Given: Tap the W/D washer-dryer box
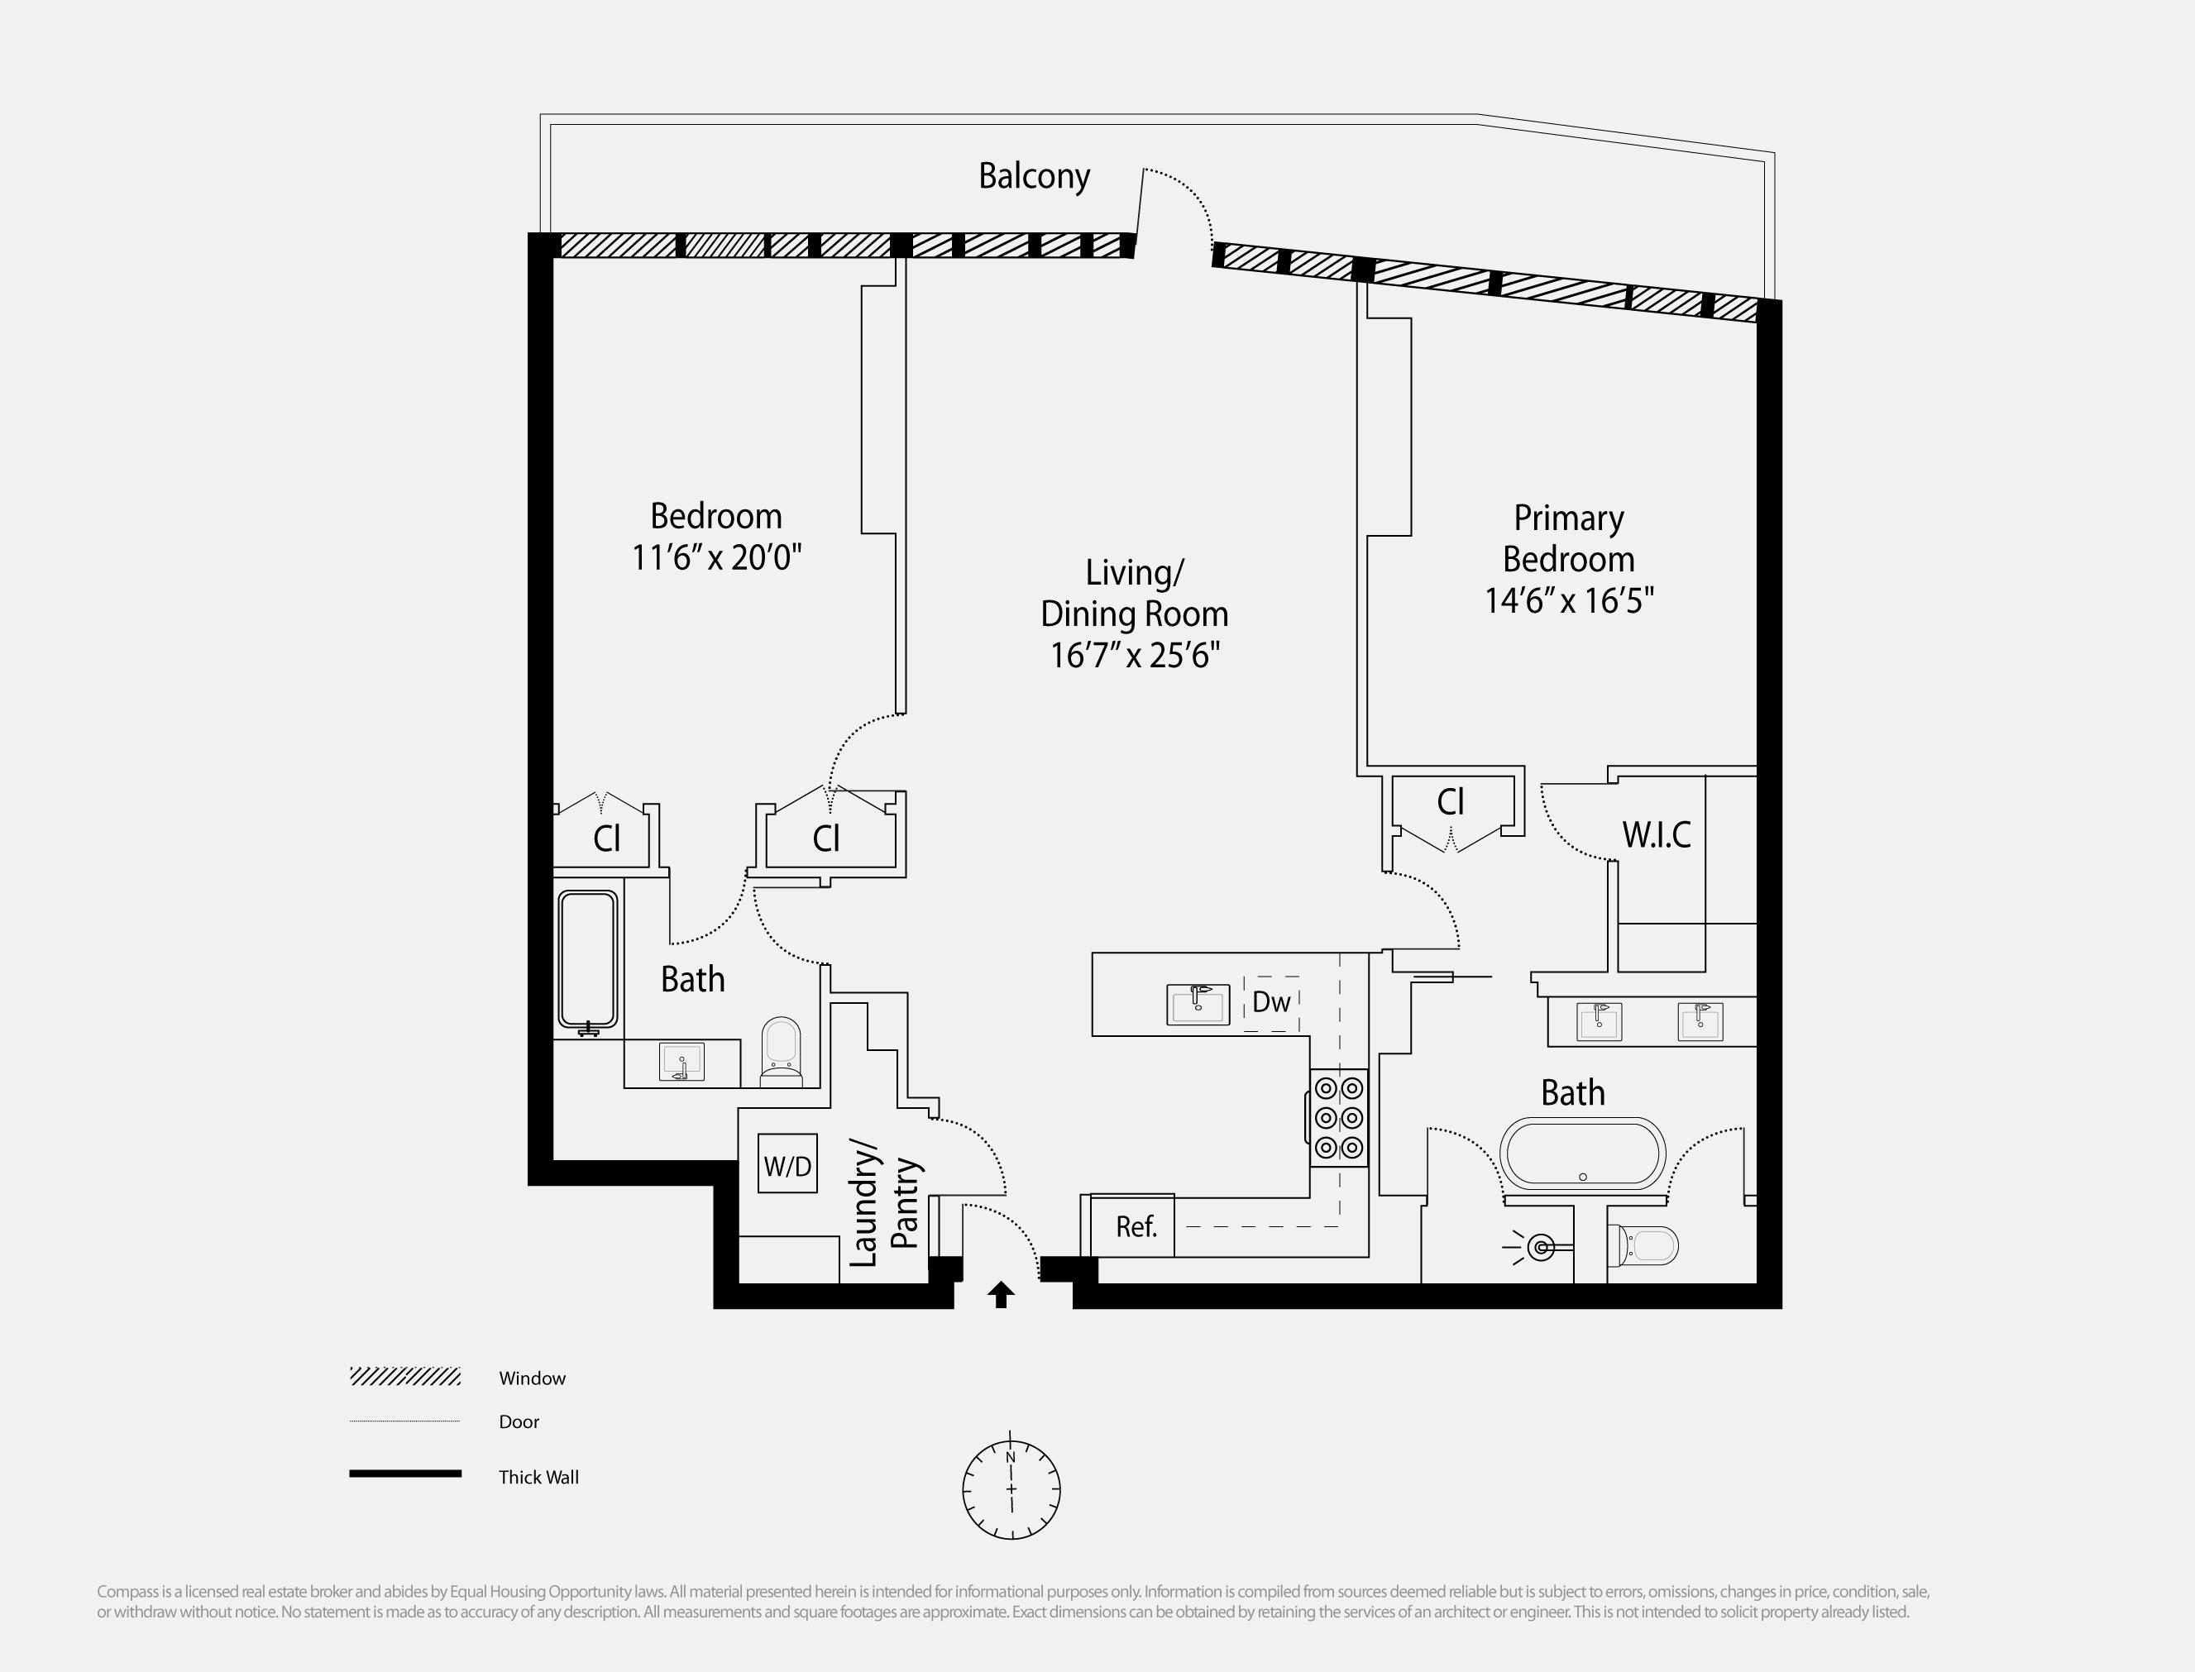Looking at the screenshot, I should pos(787,1164).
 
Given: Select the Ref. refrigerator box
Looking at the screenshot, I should pos(1135,1227).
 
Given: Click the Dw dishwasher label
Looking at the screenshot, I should pos(1271,1002).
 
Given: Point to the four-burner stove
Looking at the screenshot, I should pos(1338,1118).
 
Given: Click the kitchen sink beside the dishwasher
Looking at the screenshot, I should pos(1198,1004).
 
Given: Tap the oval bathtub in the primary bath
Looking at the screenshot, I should pos(1582,1154).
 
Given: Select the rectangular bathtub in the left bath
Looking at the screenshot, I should pos(587,959).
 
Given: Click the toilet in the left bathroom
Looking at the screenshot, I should pos(781,1051).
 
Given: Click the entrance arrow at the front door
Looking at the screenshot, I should pos(1001,1295).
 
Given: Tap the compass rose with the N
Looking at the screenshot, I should pos(1011,1490).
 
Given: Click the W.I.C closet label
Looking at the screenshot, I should pos(1656,835).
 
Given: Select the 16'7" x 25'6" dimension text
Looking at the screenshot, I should pos(1135,656).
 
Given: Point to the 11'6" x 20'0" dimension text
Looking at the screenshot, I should pos(715,557).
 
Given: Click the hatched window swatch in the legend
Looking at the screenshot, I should pos(405,1378).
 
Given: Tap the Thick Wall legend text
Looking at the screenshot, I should pos(538,1477).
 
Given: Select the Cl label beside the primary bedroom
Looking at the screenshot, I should pos(1451,802).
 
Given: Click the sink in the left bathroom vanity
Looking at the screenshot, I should pos(681,1062).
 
